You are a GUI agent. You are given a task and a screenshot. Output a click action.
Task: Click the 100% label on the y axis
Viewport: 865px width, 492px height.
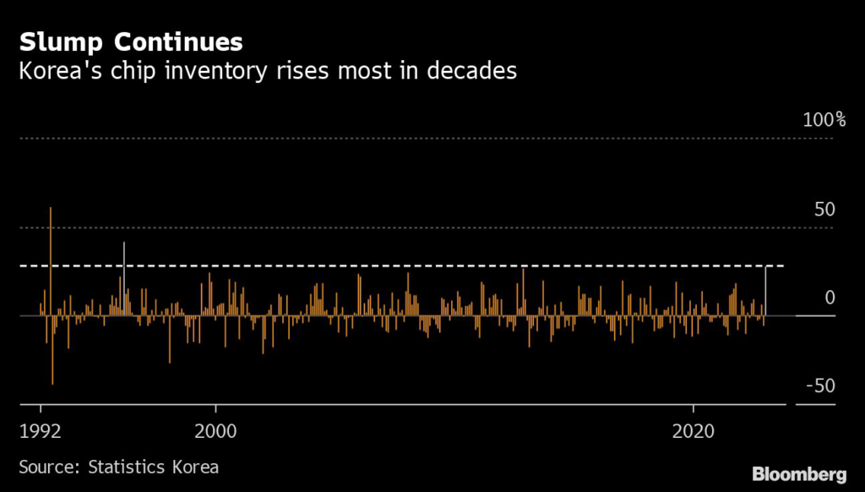[x=818, y=120]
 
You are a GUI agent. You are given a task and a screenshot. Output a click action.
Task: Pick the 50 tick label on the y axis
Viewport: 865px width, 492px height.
[x=824, y=209]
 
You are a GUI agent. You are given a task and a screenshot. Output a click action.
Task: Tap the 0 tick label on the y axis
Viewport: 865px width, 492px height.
[x=830, y=298]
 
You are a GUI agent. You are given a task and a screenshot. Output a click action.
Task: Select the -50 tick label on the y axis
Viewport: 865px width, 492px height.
[x=819, y=386]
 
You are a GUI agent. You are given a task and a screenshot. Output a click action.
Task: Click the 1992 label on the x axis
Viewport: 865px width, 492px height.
[x=41, y=429]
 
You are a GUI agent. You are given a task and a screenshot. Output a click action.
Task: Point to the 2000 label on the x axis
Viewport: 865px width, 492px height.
[x=215, y=429]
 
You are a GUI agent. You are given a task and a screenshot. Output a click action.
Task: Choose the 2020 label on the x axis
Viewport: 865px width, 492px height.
[x=694, y=429]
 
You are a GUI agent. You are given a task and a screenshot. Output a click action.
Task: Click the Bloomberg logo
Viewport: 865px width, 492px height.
[x=798, y=472]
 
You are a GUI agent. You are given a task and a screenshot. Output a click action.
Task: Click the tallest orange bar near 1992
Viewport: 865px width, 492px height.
[x=51, y=254]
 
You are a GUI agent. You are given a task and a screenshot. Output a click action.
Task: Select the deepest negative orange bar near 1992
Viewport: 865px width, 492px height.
[x=52, y=355]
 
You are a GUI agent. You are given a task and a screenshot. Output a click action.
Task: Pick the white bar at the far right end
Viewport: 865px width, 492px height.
[x=765, y=291]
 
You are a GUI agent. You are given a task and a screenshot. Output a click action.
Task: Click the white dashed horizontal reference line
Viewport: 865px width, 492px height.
[x=422, y=266]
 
